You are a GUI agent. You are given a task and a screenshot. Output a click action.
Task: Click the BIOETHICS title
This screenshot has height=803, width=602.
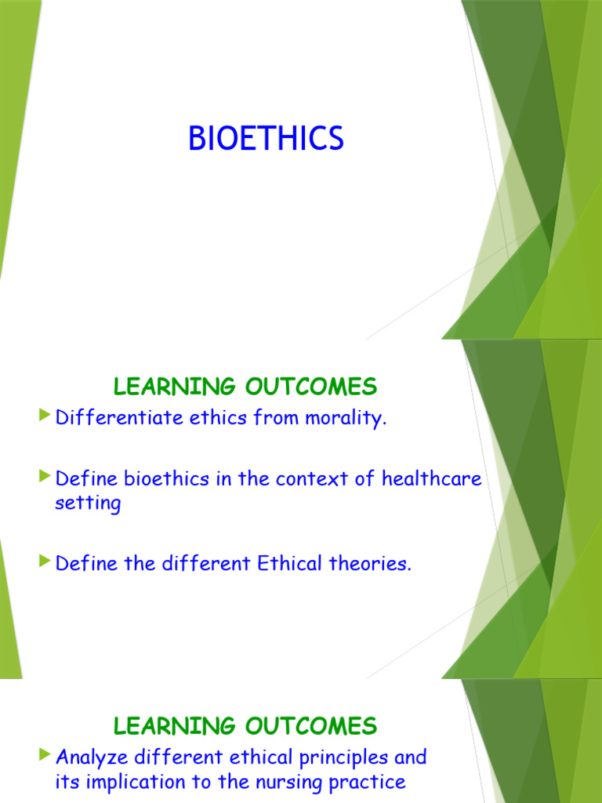(x=266, y=138)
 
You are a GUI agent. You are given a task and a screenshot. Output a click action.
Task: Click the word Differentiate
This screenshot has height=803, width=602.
(x=119, y=417)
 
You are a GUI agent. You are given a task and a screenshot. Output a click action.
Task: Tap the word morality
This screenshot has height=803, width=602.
(x=346, y=419)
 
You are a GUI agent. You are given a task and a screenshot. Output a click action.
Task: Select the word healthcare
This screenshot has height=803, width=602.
(x=432, y=478)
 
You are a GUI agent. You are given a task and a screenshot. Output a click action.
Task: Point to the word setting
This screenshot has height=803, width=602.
(x=88, y=503)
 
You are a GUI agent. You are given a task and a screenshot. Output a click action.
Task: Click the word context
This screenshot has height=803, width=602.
(x=312, y=479)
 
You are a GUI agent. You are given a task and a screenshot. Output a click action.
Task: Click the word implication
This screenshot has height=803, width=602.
(x=135, y=783)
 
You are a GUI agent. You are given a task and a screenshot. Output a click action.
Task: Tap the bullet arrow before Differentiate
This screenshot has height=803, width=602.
(x=45, y=414)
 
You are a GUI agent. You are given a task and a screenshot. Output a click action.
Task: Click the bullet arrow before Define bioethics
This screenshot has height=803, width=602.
(x=45, y=476)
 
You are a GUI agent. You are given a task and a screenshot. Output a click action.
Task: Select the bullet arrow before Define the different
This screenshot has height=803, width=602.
(x=45, y=561)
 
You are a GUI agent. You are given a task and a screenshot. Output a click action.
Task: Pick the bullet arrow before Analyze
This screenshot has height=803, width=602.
(x=45, y=754)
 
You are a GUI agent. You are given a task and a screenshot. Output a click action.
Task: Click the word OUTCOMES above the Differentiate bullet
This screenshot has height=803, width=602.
(x=311, y=386)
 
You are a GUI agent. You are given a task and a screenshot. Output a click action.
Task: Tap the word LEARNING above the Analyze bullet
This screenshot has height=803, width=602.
(x=174, y=726)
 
